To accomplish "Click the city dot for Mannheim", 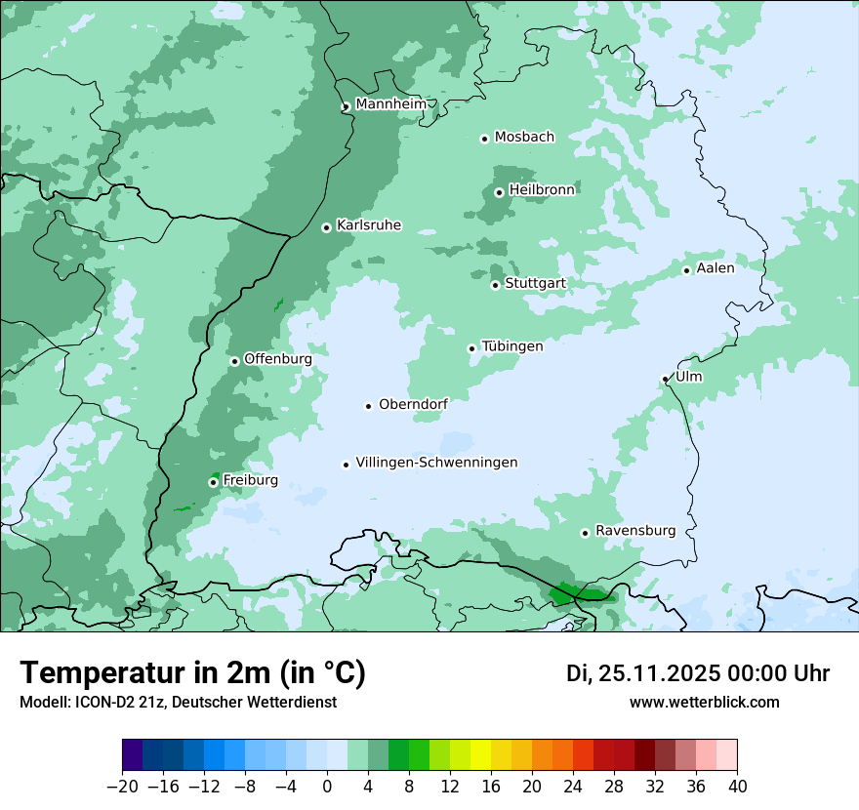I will point(346,107).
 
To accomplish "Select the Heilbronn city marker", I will point(499,192).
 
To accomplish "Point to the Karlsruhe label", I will point(368,225).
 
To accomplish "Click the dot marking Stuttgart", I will point(495,285).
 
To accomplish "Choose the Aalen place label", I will point(715,268).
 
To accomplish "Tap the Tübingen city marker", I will point(471,348).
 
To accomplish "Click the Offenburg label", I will point(277,359).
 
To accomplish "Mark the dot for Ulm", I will point(665,379).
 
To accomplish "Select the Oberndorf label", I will point(413,405).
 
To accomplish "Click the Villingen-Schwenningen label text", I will point(436,463).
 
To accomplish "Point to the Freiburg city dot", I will point(213,482).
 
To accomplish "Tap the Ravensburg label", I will point(634,531).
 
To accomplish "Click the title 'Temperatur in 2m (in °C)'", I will point(192,672).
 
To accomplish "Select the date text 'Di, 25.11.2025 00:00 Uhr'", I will point(698,673).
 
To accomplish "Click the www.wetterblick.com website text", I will point(704,702).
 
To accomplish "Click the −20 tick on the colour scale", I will point(122,787).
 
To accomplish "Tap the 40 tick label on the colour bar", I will point(737,787).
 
